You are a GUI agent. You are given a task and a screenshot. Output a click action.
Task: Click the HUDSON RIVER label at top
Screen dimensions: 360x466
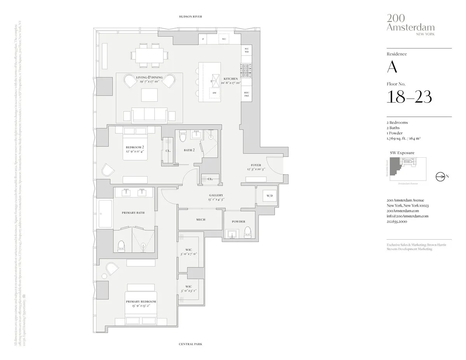pyautogui.click(x=190, y=17)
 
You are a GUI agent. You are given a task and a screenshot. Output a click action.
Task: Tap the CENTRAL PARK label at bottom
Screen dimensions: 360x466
pyautogui.click(x=190, y=344)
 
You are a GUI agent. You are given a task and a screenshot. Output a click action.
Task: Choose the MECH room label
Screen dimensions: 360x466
pyautogui.click(x=200, y=220)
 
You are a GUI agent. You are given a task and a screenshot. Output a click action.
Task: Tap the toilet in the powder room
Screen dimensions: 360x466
pyautogui.click(x=248, y=232)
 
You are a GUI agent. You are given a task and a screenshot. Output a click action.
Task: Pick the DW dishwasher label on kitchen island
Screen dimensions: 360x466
pyautogui.click(x=214, y=93)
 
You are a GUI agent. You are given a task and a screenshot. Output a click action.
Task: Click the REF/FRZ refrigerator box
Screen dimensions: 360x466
pyautogui.click(x=246, y=94)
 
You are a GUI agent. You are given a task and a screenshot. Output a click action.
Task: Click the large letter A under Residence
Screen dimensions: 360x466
pyautogui.click(x=392, y=67)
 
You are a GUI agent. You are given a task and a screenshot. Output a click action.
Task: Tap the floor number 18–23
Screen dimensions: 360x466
pyautogui.click(x=409, y=97)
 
